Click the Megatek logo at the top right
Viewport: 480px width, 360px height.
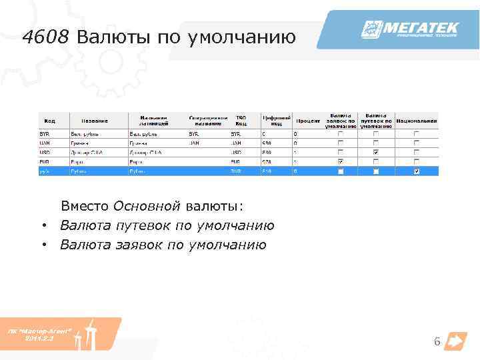tap(409, 30)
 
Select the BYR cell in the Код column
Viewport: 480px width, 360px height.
tap(45, 134)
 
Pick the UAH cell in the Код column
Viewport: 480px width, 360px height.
tap(45, 143)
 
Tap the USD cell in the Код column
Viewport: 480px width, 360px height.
tap(45, 152)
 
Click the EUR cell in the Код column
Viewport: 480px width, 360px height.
tap(45, 161)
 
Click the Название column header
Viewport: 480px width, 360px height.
tap(95, 121)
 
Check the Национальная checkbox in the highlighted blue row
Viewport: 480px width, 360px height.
tap(416, 171)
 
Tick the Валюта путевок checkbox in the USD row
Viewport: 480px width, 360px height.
tap(376, 153)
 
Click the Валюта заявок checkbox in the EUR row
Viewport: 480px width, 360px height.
tap(341, 162)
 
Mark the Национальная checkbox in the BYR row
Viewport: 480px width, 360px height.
tap(416, 134)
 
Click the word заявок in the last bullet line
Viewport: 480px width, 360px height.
tap(139, 245)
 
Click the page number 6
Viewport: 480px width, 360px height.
tap(437, 342)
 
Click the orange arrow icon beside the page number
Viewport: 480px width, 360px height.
tap(456, 341)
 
